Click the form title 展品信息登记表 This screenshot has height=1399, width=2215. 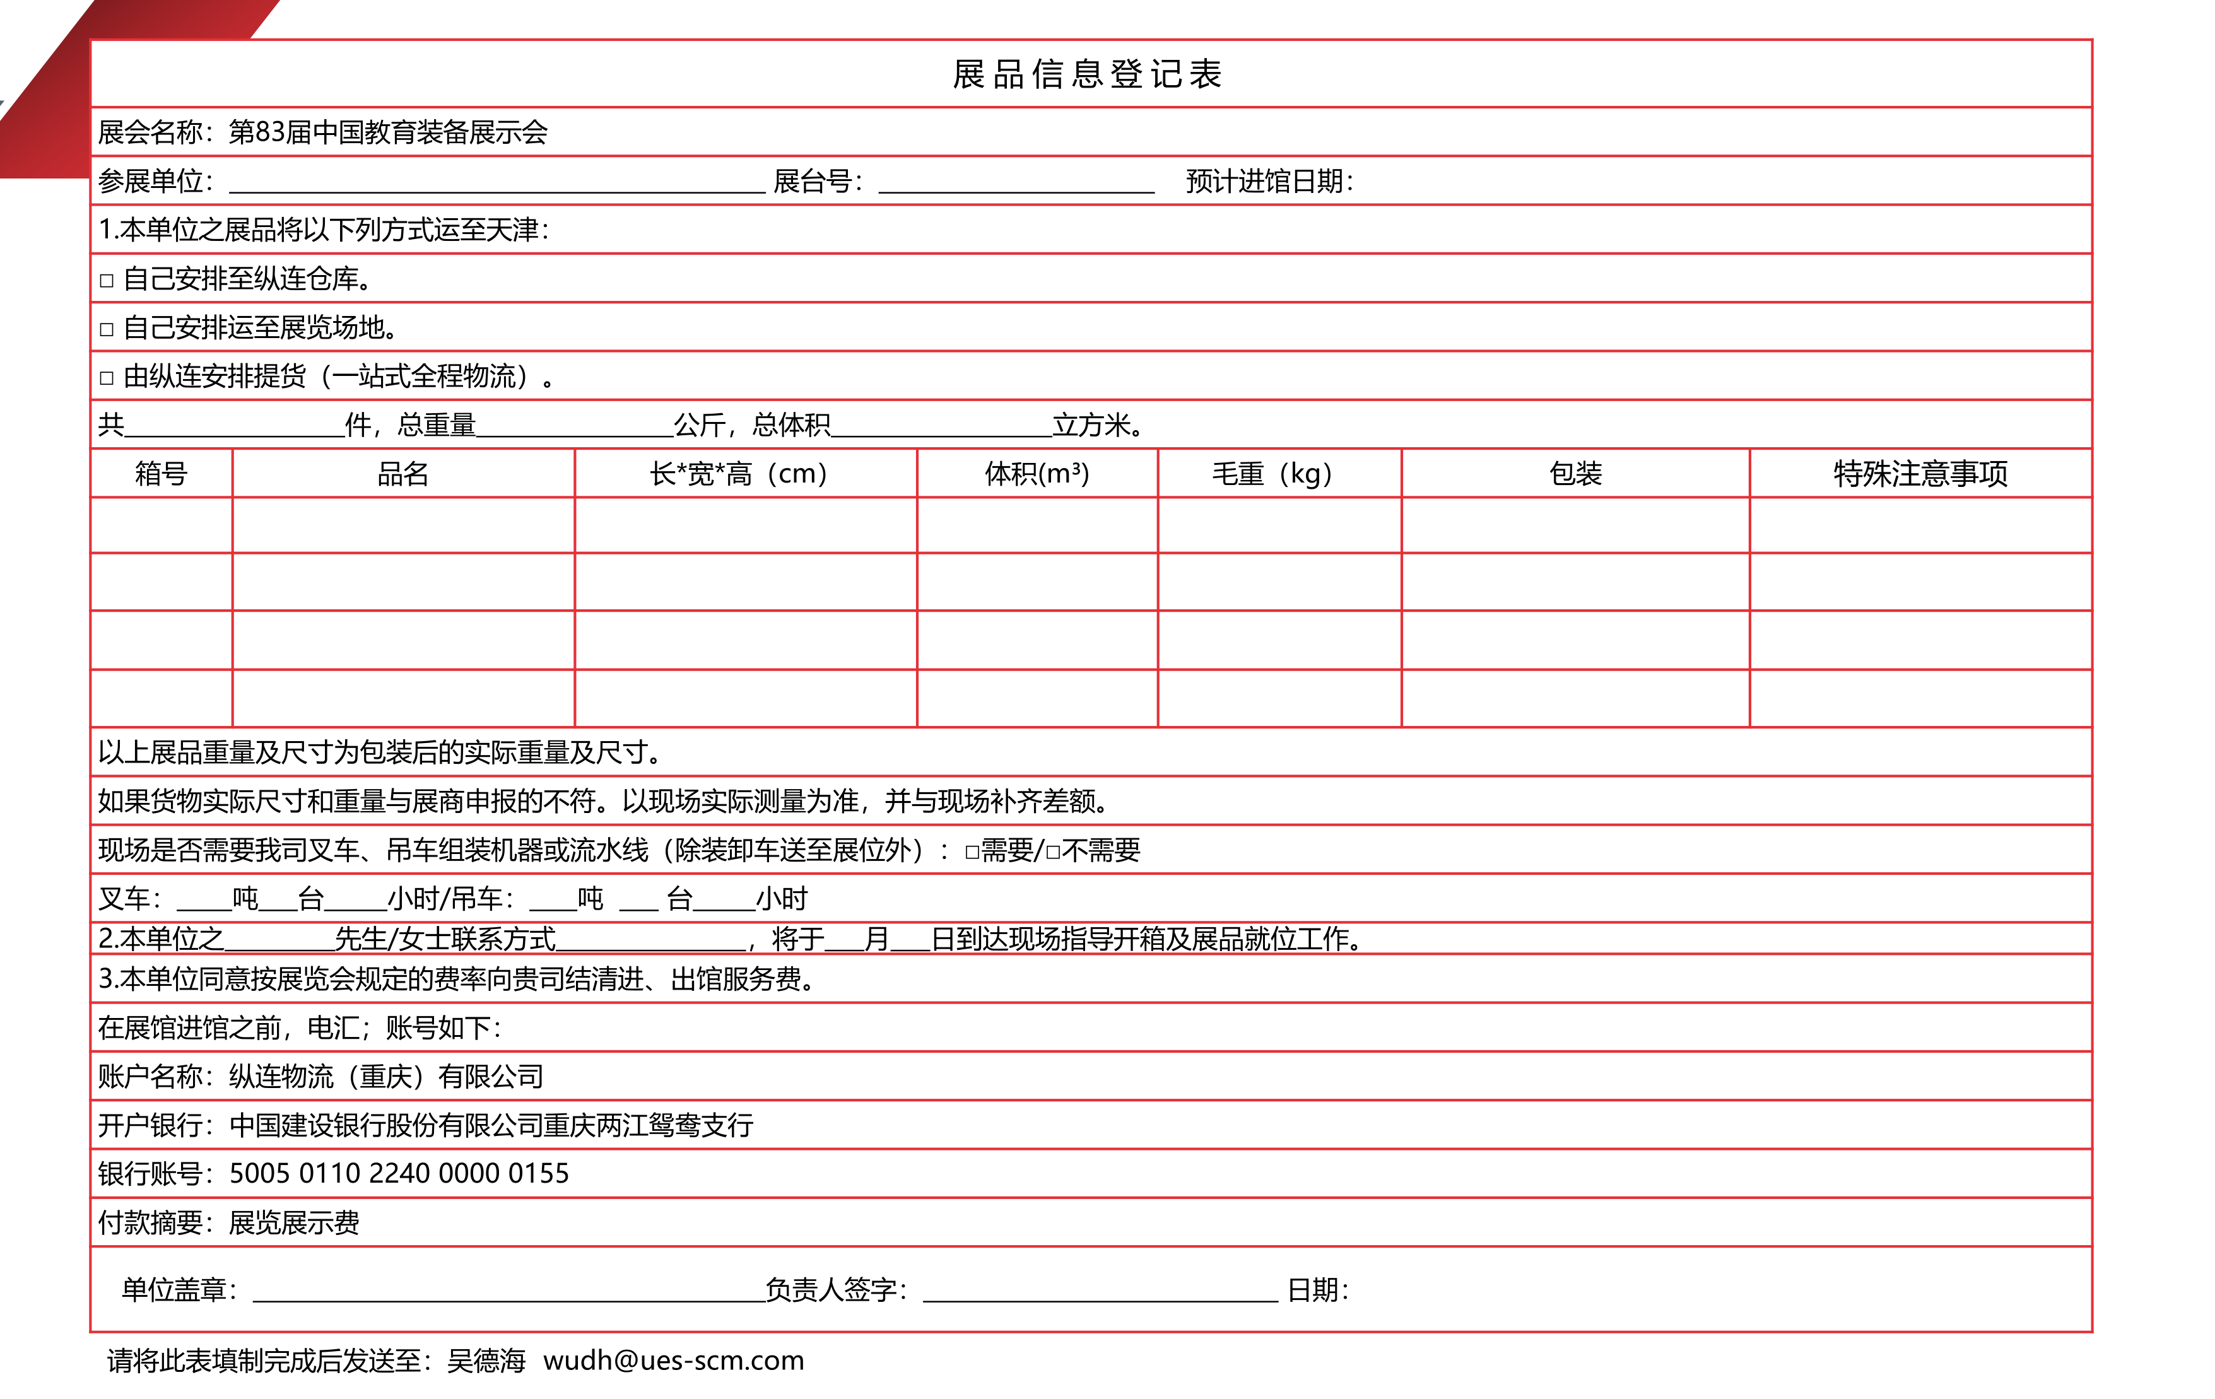pyautogui.click(x=1086, y=74)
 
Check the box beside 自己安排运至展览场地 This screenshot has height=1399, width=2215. pyautogui.click(x=107, y=329)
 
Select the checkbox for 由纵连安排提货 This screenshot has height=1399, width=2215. pyautogui.click(x=107, y=378)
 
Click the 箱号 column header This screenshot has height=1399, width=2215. pyautogui.click(x=161, y=474)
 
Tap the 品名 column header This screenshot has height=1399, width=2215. pyautogui.click(x=403, y=474)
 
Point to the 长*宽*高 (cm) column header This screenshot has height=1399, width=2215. pyautogui.click(x=739, y=474)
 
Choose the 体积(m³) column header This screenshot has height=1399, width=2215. pyautogui.click(x=1037, y=474)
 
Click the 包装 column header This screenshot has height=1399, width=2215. pyautogui.click(x=1575, y=474)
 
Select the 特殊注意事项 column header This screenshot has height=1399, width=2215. pyautogui.click(x=1920, y=474)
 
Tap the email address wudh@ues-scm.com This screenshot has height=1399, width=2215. pyautogui.click(x=673, y=1361)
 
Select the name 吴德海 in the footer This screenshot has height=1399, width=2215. pyautogui.click(x=486, y=1361)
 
